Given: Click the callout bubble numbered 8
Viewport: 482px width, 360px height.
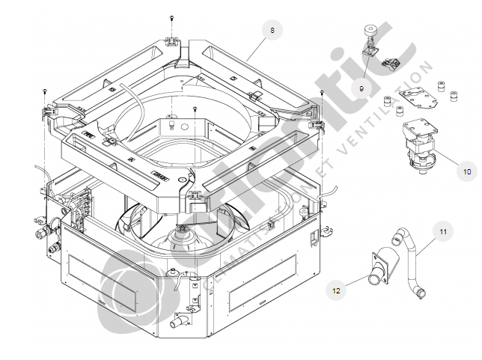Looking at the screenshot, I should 272,30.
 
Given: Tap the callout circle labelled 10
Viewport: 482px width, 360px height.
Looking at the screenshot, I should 466,171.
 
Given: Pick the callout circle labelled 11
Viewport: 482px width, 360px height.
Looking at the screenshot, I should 442,231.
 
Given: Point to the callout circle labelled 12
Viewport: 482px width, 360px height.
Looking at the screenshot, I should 336,285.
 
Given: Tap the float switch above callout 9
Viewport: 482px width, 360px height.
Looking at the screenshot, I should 368,41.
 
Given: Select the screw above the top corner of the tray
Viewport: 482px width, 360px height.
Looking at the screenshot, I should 171,17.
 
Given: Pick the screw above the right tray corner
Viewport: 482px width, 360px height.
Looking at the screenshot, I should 321,94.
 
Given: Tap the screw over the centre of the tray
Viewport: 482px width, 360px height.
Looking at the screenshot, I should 195,109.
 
